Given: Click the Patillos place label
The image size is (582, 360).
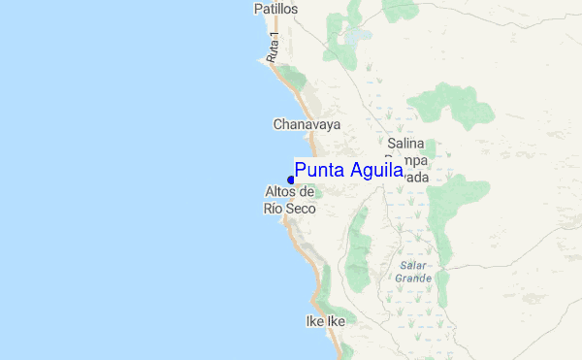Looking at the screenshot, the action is [275, 9].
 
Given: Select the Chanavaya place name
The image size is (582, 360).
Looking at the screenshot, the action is [307, 124].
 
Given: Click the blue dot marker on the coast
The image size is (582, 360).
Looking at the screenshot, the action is [291, 180].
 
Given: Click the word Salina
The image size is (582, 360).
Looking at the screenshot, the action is [407, 142].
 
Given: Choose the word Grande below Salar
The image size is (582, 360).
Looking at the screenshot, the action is [413, 278].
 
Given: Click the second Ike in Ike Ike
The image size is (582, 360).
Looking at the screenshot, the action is [335, 321].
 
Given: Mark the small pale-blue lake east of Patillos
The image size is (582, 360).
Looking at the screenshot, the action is [360, 35].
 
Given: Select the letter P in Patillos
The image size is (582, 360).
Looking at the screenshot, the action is [258, 9].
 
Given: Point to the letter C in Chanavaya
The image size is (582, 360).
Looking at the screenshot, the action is [278, 124].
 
